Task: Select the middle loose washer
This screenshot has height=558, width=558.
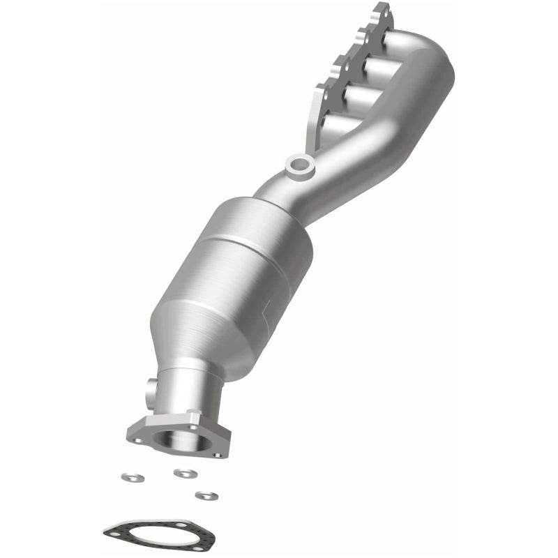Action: click(184, 474)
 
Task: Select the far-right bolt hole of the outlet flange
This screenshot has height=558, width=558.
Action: click(217, 454)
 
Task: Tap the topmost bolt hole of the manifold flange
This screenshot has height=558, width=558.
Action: click(380, 13)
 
